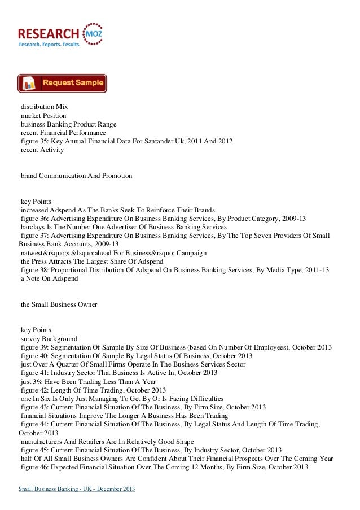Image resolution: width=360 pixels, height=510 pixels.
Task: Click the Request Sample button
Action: tap(62, 83)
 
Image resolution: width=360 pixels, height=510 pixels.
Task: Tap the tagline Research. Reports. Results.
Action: tap(50, 43)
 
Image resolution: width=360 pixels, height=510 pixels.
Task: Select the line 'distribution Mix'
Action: tap(44, 107)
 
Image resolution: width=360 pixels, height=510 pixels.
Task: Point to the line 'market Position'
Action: tap(43, 116)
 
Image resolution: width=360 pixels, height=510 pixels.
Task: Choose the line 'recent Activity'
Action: tap(42, 150)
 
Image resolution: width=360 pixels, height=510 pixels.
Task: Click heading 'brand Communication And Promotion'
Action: tap(76, 176)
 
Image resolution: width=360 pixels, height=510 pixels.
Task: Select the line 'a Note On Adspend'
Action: tap(49, 279)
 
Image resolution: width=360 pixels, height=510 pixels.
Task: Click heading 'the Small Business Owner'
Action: tap(59, 305)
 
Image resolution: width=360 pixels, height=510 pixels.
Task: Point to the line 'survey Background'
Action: tap(49, 339)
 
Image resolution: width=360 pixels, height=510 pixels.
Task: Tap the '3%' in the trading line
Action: tap(39, 382)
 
